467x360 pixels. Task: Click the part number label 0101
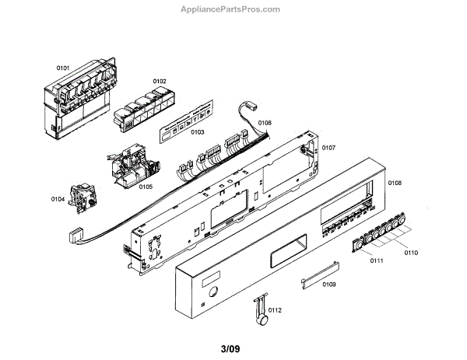click(x=63, y=68)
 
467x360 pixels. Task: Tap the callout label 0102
click(x=160, y=81)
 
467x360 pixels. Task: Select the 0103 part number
click(x=197, y=132)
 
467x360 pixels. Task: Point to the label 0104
click(x=58, y=199)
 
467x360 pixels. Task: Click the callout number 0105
click(x=146, y=186)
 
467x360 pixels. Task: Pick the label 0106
click(x=265, y=122)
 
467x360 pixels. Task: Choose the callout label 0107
click(x=328, y=148)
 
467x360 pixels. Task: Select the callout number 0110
click(x=411, y=253)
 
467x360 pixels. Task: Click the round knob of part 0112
click(x=266, y=319)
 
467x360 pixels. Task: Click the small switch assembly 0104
click(x=82, y=198)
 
